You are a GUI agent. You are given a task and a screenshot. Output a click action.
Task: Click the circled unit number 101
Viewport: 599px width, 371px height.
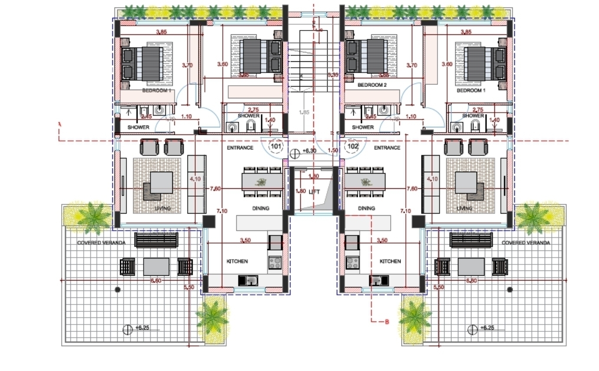coord(276,146)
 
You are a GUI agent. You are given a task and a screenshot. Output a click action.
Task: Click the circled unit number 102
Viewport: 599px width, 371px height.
coord(353,146)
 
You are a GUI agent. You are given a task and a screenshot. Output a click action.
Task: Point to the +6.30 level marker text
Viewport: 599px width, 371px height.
coord(309,151)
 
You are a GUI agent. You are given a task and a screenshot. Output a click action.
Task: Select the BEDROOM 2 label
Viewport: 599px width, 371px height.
coord(372,85)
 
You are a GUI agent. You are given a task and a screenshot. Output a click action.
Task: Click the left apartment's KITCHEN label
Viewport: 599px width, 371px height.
coord(237,261)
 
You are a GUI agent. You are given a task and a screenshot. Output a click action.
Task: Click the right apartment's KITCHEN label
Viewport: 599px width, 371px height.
coord(390,261)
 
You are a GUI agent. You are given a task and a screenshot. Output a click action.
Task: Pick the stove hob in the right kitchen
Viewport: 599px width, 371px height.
coord(352,263)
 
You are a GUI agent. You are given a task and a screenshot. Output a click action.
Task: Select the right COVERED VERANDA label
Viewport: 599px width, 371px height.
coord(526,243)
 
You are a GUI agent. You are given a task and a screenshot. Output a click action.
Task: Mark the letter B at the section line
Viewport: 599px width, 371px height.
coord(387,322)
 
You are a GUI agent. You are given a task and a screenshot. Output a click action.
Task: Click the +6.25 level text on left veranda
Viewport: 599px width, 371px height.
coord(142,328)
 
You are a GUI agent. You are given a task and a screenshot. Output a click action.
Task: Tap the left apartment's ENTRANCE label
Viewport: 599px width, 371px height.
coord(240,148)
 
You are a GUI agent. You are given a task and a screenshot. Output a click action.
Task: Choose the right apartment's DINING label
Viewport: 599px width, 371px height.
coord(366,208)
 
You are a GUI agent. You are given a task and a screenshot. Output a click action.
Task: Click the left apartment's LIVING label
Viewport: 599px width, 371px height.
coord(163,209)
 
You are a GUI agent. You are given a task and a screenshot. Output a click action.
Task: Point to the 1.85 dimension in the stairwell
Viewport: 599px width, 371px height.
coord(304,112)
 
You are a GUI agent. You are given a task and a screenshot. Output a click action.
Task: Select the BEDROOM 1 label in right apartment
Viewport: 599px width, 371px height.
coord(471,90)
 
